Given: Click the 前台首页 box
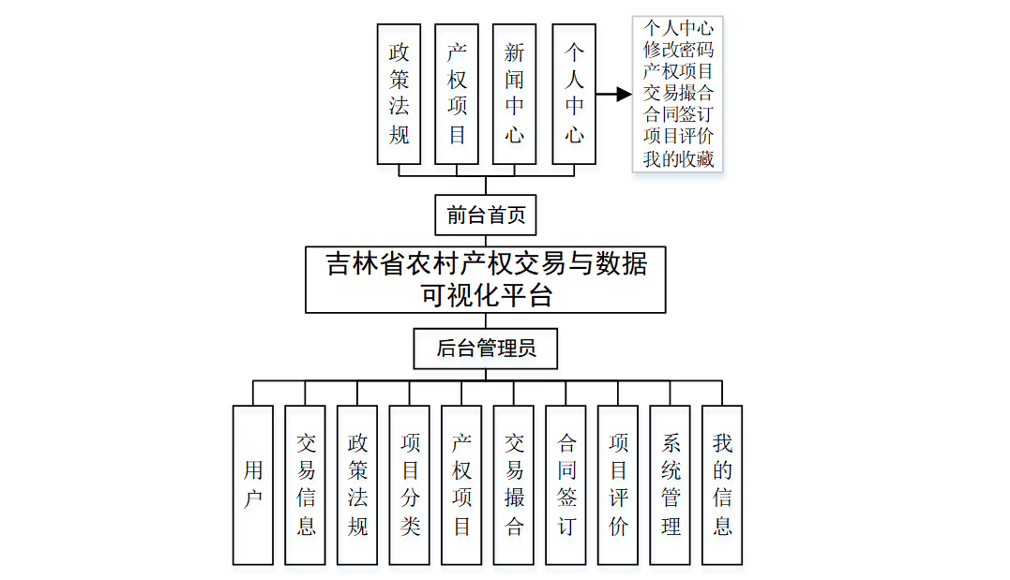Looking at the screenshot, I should [x=486, y=216].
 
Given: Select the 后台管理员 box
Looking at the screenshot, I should [x=486, y=349].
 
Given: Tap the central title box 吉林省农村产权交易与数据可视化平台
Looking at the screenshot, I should [x=486, y=279].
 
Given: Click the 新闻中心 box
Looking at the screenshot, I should [x=514, y=94].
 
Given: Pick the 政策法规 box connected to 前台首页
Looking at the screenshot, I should [x=399, y=94].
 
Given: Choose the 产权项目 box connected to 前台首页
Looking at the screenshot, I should [x=457, y=94].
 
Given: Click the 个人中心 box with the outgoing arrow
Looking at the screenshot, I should [x=575, y=94].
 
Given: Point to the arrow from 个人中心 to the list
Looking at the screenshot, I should [x=613, y=94].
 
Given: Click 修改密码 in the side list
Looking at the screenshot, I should [x=678, y=50].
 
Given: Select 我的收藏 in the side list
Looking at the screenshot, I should [x=678, y=159].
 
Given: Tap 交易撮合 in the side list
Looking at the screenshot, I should [x=678, y=93].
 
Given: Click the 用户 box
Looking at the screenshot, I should [x=253, y=484].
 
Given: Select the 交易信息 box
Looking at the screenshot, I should [x=306, y=484].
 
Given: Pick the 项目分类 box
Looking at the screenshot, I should [x=410, y=484].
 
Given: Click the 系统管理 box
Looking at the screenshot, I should [x=671, y=484].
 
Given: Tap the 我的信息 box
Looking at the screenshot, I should [x=722, y=484].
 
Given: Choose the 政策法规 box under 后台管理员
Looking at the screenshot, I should [x=357, y=484].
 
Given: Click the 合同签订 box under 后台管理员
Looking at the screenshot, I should [x=566, y=484].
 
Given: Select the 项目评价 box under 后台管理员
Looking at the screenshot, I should [x=618, y=484].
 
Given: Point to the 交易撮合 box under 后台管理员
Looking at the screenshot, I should [x=514, y=484].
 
